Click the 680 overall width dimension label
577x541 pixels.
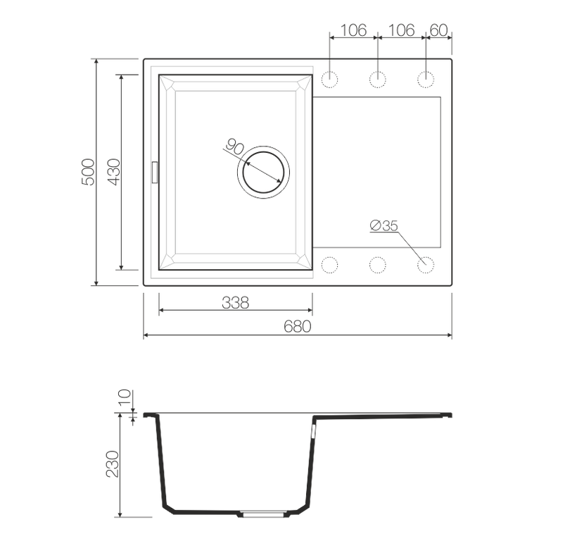298,326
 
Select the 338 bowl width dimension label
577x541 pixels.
236,302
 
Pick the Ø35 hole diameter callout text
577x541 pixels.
384,225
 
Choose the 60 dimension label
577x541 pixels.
438,30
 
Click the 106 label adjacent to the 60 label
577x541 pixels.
402,30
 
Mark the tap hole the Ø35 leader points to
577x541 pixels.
425,265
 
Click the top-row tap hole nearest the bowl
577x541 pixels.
329,80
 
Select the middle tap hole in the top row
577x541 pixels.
378,80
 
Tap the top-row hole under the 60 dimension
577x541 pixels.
425,80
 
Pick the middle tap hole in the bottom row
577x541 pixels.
378,265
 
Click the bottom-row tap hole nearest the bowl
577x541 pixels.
329,265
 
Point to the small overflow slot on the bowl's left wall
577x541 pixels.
154,171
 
